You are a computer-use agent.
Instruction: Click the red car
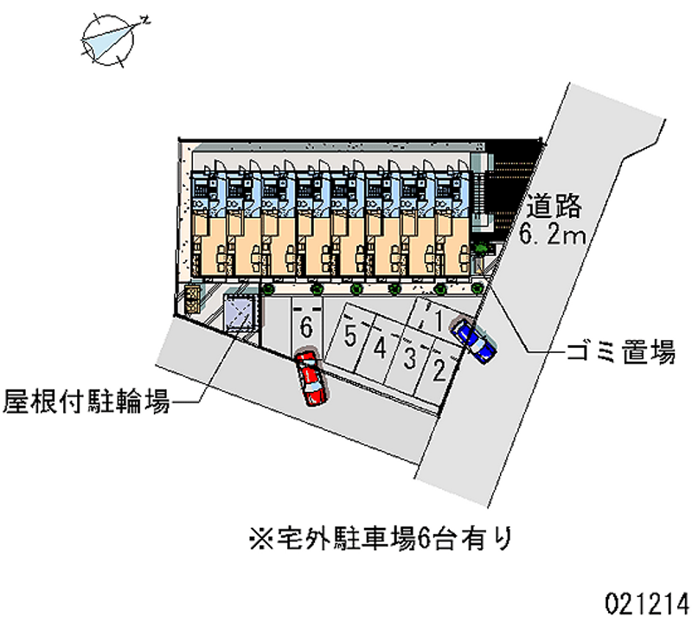(311, 377)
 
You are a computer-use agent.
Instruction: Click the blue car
(475, 339)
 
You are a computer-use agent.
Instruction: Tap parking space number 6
(305, 327)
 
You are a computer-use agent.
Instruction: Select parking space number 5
(350, 335)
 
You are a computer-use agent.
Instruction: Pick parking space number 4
(380, 348)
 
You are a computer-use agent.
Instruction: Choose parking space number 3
(411, 357)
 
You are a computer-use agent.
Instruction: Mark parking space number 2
(439, 372)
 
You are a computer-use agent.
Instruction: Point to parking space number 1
(439, 323)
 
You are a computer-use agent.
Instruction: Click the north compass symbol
(111, 40)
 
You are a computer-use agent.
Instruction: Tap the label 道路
(551, 207)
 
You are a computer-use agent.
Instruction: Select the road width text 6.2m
(554, 234)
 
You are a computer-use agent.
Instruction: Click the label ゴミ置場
(620, 353)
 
